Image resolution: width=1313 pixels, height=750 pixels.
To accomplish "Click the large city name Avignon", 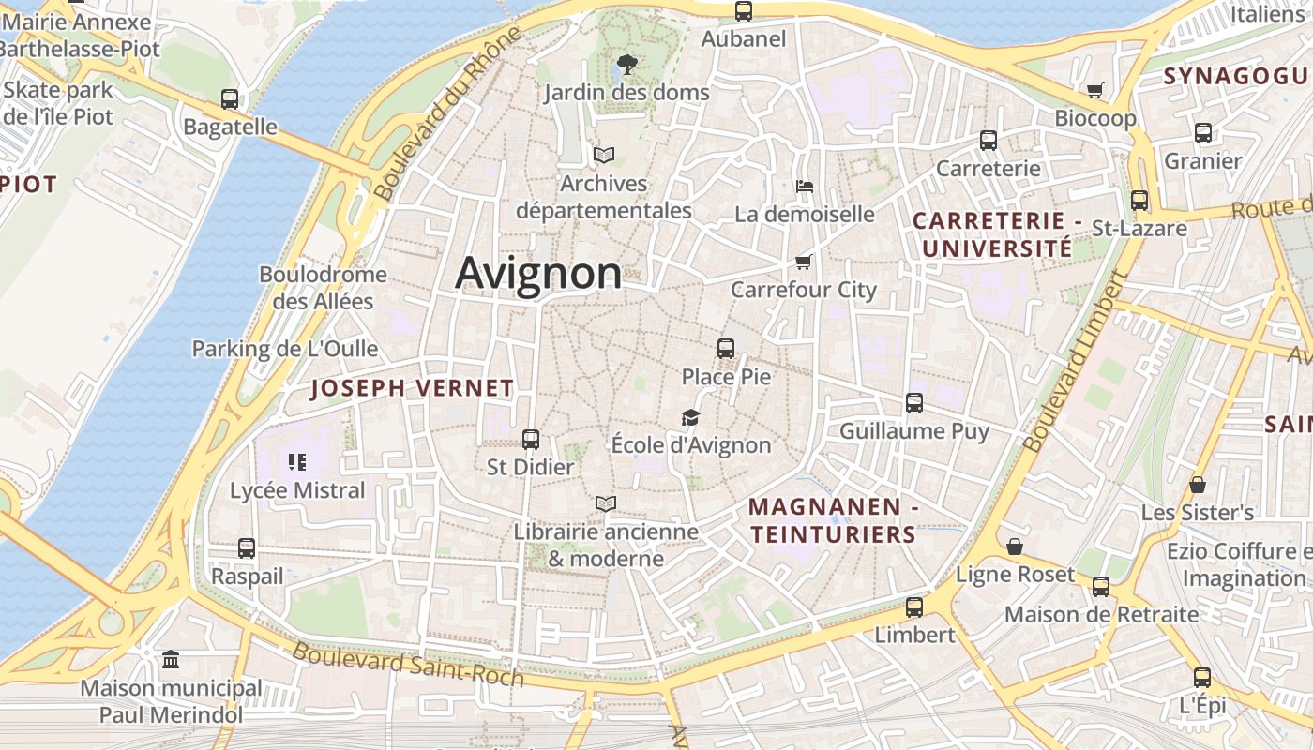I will point(538,274).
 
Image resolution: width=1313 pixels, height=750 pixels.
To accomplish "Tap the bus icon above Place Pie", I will point(725,349).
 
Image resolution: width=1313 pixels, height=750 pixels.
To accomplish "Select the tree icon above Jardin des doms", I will point(626,65).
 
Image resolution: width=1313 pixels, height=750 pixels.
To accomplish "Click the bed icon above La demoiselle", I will point(804,186).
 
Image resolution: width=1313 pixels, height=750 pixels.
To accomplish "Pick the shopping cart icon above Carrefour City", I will point(803,262).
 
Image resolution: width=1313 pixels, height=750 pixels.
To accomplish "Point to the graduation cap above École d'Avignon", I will point(690,417).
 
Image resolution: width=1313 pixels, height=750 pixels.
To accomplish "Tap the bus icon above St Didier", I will point(530,439).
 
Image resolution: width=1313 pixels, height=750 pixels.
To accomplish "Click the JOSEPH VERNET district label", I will point(412,388).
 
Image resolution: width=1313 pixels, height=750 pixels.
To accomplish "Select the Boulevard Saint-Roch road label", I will point(408,665).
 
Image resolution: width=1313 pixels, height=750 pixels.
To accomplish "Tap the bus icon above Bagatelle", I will point(230,98).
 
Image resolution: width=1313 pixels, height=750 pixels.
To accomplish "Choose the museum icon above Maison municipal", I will point(171,660).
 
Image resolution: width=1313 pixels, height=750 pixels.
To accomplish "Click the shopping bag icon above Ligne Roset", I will point(1014,547).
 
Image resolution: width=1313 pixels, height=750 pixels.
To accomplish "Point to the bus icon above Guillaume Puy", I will point(914,403).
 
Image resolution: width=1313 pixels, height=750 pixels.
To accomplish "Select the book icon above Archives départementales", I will point(603,155).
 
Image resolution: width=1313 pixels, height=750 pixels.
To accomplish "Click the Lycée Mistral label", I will point(297,490).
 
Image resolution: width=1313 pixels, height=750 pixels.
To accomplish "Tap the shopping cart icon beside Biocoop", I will point(1094,90).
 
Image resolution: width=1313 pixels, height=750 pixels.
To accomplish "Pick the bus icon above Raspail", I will point(247,548).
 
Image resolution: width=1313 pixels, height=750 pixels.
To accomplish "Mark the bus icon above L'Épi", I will point(1202,678).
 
